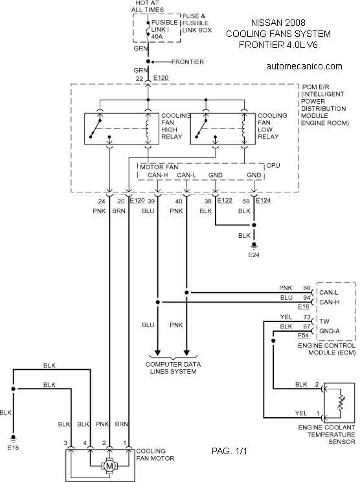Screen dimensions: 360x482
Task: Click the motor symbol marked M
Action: tap(109, 466)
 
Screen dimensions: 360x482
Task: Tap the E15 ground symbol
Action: tap(13, 438)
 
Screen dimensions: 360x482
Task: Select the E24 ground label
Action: tap(254, 255)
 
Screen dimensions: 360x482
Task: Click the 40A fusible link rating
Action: tap(157, 36)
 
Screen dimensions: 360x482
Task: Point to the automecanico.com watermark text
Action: tap(304, 66)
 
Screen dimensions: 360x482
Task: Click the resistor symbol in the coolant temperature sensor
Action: tap(341, 403)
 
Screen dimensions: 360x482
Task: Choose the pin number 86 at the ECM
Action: tap(306, 288)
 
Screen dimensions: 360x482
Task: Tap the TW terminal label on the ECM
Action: tap(324, 321)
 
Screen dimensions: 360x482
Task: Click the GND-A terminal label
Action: tap(330, 331)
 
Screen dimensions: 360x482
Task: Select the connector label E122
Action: tap(225, 200)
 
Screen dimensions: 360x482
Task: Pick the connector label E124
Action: tap(264, 200)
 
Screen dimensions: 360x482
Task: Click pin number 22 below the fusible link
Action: tap(139, 78)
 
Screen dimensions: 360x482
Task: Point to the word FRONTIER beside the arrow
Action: tap(188, 62)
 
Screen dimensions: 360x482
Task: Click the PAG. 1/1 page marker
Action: tap(229, 451)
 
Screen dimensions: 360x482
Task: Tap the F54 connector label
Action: tap(304, 335)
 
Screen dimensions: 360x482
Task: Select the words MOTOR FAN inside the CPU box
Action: tap(159, 167)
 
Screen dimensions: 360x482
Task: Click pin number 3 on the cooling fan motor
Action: tap(65, 443)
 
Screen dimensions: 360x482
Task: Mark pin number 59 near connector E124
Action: tap(246, 201)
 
